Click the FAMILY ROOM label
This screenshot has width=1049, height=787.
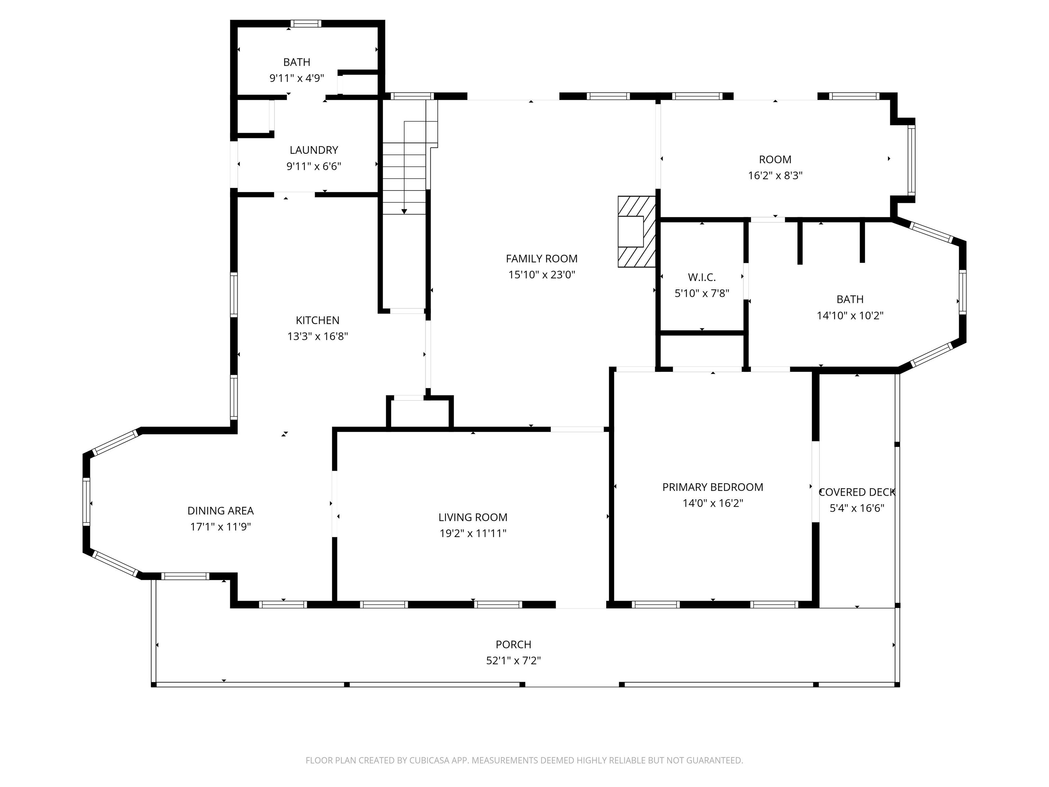[x=542, y=259]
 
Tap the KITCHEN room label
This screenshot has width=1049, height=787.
[x=317, y=320]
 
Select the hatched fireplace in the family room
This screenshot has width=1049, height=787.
[x=637, y=232]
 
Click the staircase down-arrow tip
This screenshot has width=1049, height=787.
[x=404, y=213]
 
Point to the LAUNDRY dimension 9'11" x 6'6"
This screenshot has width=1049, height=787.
[x=313, y=166]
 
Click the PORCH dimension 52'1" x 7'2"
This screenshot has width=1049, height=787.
[x=513, y=660]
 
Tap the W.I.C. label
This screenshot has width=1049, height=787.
[x=702, y=277]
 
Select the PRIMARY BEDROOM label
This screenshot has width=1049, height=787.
[x=713, y=487]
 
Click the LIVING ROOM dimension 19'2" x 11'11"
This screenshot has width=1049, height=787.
[x=473, y=533]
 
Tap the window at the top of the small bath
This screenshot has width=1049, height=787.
[x=306, y=24]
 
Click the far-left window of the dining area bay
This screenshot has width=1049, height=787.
[x=86, y=502]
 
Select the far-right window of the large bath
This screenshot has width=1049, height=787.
[x=963, y=292]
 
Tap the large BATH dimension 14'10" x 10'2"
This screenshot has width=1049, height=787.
[x=850, y=316]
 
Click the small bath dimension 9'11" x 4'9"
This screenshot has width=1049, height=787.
[x=297, y=78]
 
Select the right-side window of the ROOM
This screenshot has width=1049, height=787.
[x=911, y=160]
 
